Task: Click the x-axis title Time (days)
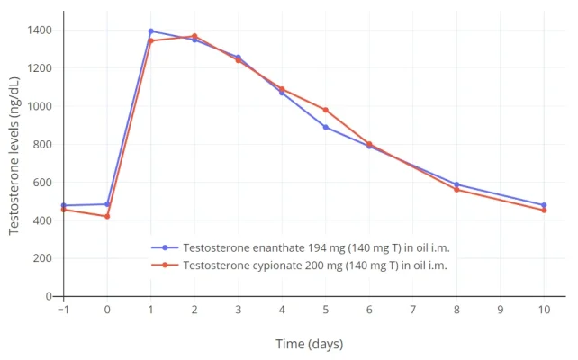[x=309, y=344]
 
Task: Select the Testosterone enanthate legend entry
[x=297, y=247]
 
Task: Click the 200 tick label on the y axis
[x=43, y=258]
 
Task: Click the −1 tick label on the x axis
[x=63, y=310]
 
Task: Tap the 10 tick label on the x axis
[x=544, y=310]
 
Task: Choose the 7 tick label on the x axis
[x=412, y=310]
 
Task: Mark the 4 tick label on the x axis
[x=282, y=310]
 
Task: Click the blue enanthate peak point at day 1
[x=150, y=31]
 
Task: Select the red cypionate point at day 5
[x=326, y=110]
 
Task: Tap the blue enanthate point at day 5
[x=326, y=127]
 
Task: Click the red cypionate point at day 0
[x=107, y=216]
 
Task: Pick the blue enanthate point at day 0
[x=107, y=204]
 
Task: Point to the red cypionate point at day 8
[x=456, y=189]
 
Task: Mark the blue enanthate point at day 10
[x=544, y=205]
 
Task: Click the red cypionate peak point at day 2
[x=194, y=36]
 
